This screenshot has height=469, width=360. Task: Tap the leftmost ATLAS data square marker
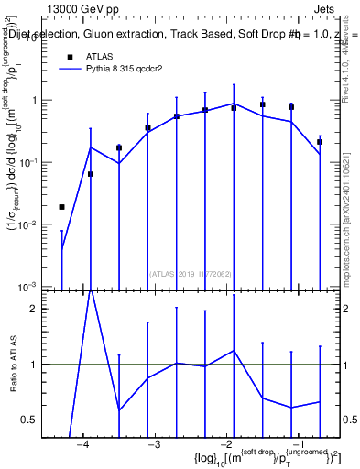point(61,207)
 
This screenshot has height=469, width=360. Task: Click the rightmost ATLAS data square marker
point(320,142)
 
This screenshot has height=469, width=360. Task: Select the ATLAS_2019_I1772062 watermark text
point(189,273)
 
